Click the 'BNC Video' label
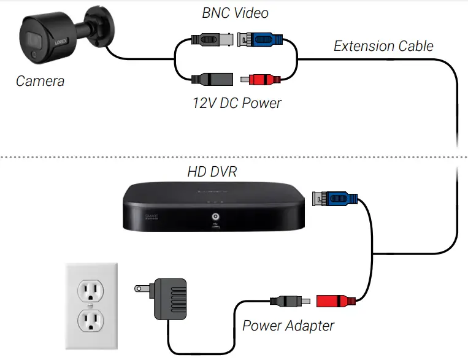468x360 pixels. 236,12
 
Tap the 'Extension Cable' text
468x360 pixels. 383,46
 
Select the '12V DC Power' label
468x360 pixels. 236,102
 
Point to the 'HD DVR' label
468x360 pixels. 212,171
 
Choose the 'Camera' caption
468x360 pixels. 40,81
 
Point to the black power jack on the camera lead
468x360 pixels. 212,79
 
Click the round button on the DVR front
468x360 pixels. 215,216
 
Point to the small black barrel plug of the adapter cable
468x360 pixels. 285,301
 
